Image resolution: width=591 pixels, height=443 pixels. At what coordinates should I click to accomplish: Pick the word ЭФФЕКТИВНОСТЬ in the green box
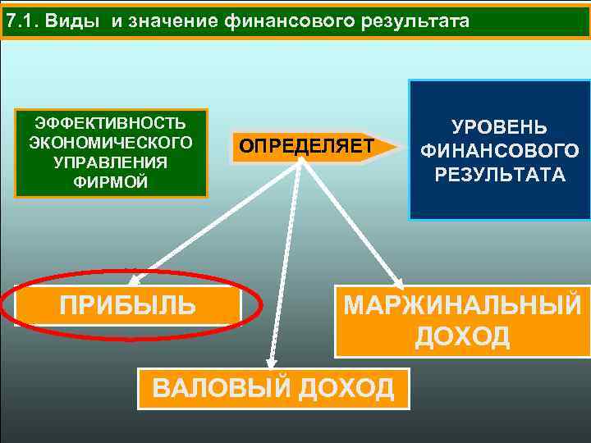point(111,123)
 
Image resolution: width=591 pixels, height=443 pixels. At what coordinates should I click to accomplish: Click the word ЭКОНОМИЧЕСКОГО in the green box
point(111,143)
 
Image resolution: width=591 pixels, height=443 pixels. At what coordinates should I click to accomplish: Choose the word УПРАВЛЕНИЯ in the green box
point(111,162)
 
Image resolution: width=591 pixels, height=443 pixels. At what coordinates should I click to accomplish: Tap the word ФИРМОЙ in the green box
point(111,181)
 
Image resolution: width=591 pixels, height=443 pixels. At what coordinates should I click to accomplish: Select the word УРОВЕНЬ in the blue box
point(499,128)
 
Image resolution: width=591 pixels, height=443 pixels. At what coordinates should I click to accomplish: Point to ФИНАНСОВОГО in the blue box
point(499,151)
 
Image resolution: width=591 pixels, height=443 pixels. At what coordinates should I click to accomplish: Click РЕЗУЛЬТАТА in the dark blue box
point(499,174)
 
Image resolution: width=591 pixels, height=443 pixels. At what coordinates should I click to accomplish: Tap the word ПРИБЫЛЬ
point(128,305)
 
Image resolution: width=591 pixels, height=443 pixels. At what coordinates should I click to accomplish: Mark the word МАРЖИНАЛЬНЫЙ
point(462,305)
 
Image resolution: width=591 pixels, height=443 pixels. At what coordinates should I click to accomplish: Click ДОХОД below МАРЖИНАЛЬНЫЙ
point(462,336)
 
